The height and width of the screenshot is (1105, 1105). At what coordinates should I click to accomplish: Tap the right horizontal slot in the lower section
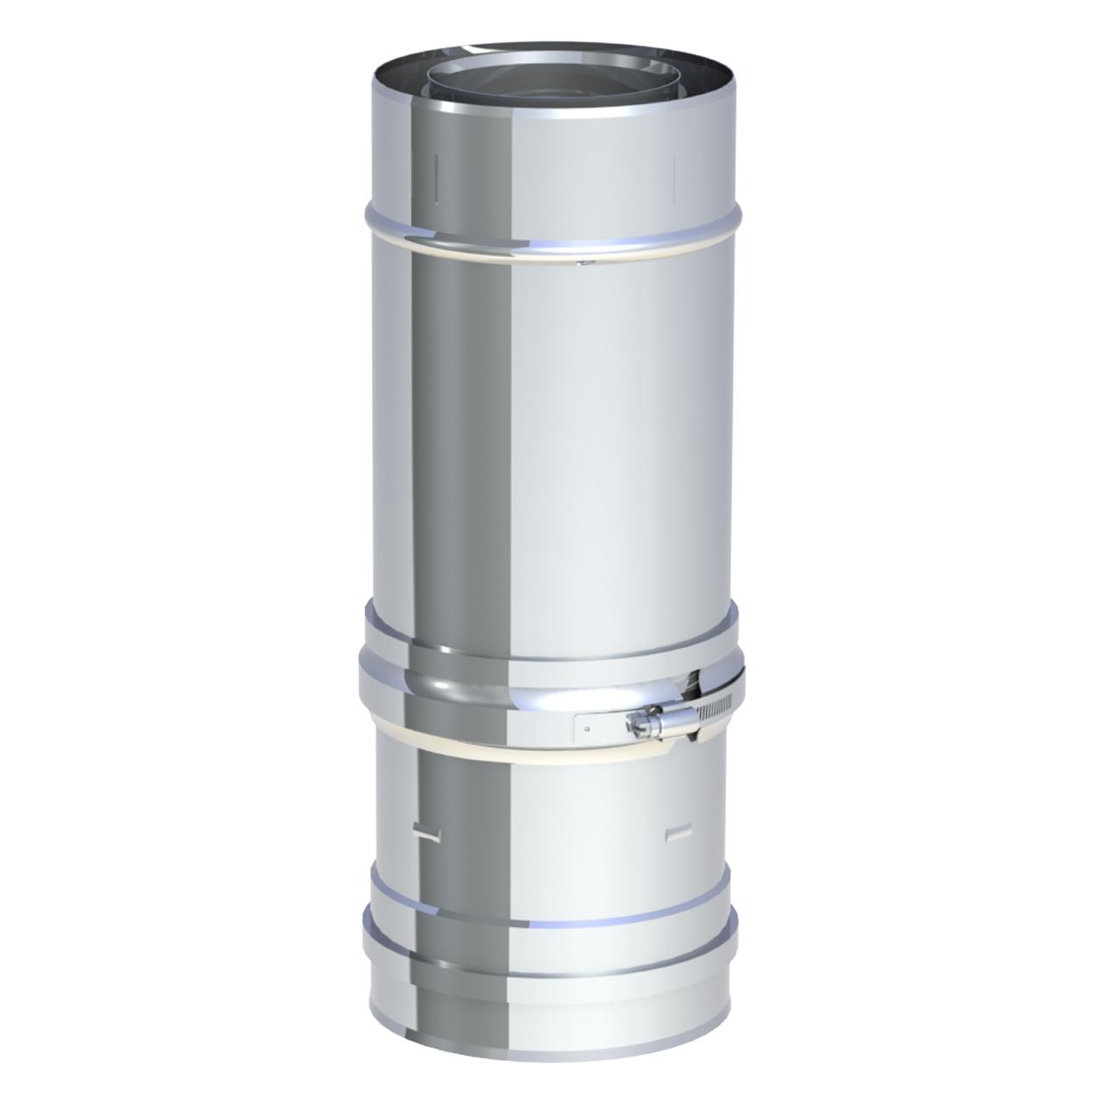tap(679, 831)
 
